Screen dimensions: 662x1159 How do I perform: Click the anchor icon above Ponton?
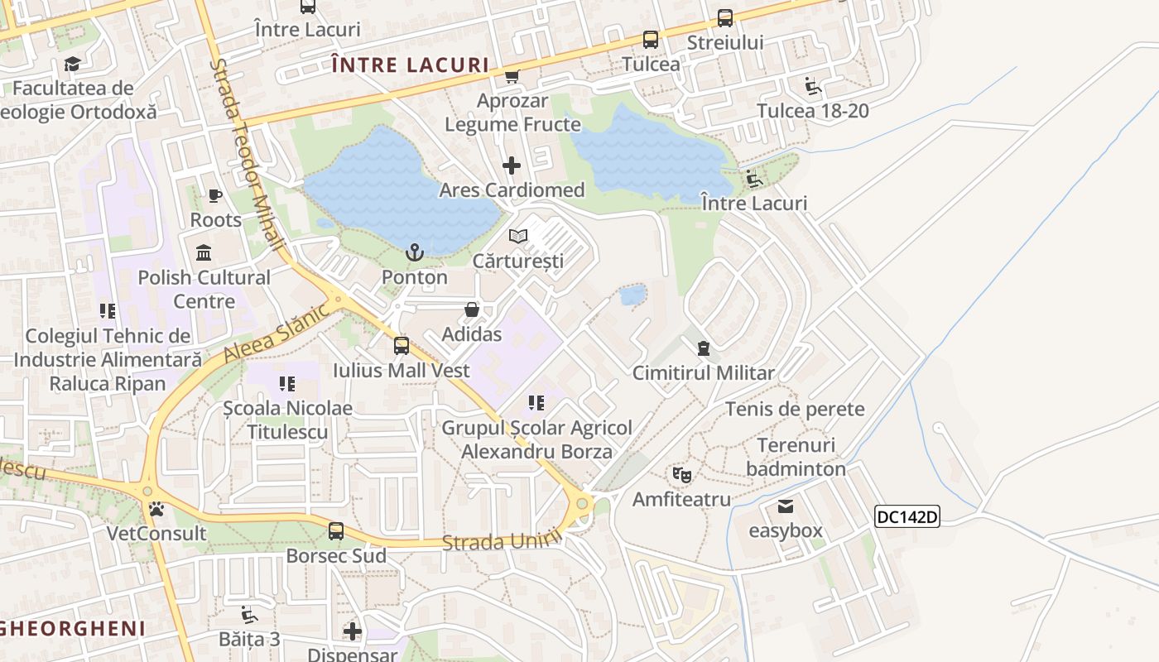click(414, 252)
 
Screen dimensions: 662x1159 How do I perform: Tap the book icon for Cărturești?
click(518, 237)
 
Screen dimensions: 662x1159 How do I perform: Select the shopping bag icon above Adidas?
click(472, 309)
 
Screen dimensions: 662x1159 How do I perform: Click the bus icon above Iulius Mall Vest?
click(402, 346)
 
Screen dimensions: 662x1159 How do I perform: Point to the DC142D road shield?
click(907, 517)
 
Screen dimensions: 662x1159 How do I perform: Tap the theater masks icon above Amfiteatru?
click(682, 475)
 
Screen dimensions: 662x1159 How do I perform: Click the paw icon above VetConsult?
click(156, 508)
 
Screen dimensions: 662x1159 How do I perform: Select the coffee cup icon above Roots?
click(215, 196)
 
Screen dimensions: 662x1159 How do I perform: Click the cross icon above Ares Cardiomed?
click(512, 165)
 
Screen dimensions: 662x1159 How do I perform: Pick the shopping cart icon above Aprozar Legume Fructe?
click(512, 76)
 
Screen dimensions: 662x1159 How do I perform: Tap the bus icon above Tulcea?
click(651, 40)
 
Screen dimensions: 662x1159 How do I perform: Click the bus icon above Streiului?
click(725, 17)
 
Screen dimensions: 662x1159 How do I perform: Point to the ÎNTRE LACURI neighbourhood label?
click(410, 65)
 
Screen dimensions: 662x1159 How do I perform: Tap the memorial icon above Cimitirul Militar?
click(704, 348)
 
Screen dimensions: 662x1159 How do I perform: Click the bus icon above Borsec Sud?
click(336, 531)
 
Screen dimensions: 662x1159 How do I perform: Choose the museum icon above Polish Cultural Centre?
click(204, 252)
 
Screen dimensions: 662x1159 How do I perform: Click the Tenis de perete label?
click(795, 409)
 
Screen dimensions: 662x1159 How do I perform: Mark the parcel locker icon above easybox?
click(786, 506)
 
